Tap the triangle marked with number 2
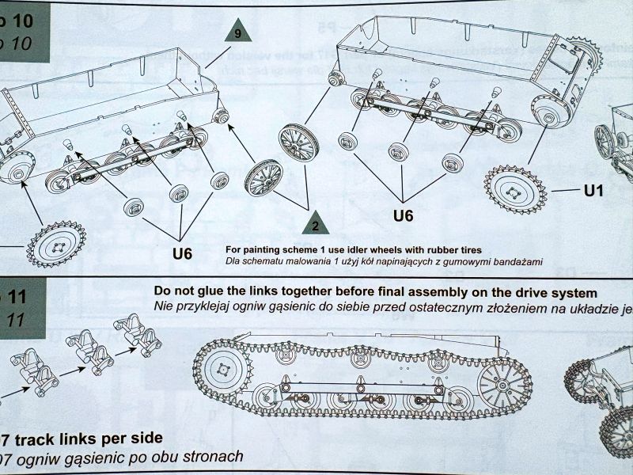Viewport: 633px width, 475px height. tap(316, 224)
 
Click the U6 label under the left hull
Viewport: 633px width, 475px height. tap(182, 253)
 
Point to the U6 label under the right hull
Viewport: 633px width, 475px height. tap(404, 215)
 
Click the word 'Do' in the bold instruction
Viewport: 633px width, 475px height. tap(163, 290)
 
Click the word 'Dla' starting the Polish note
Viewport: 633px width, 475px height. tap(234, 262)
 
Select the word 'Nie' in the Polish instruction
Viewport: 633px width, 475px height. tap(165, 306)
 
